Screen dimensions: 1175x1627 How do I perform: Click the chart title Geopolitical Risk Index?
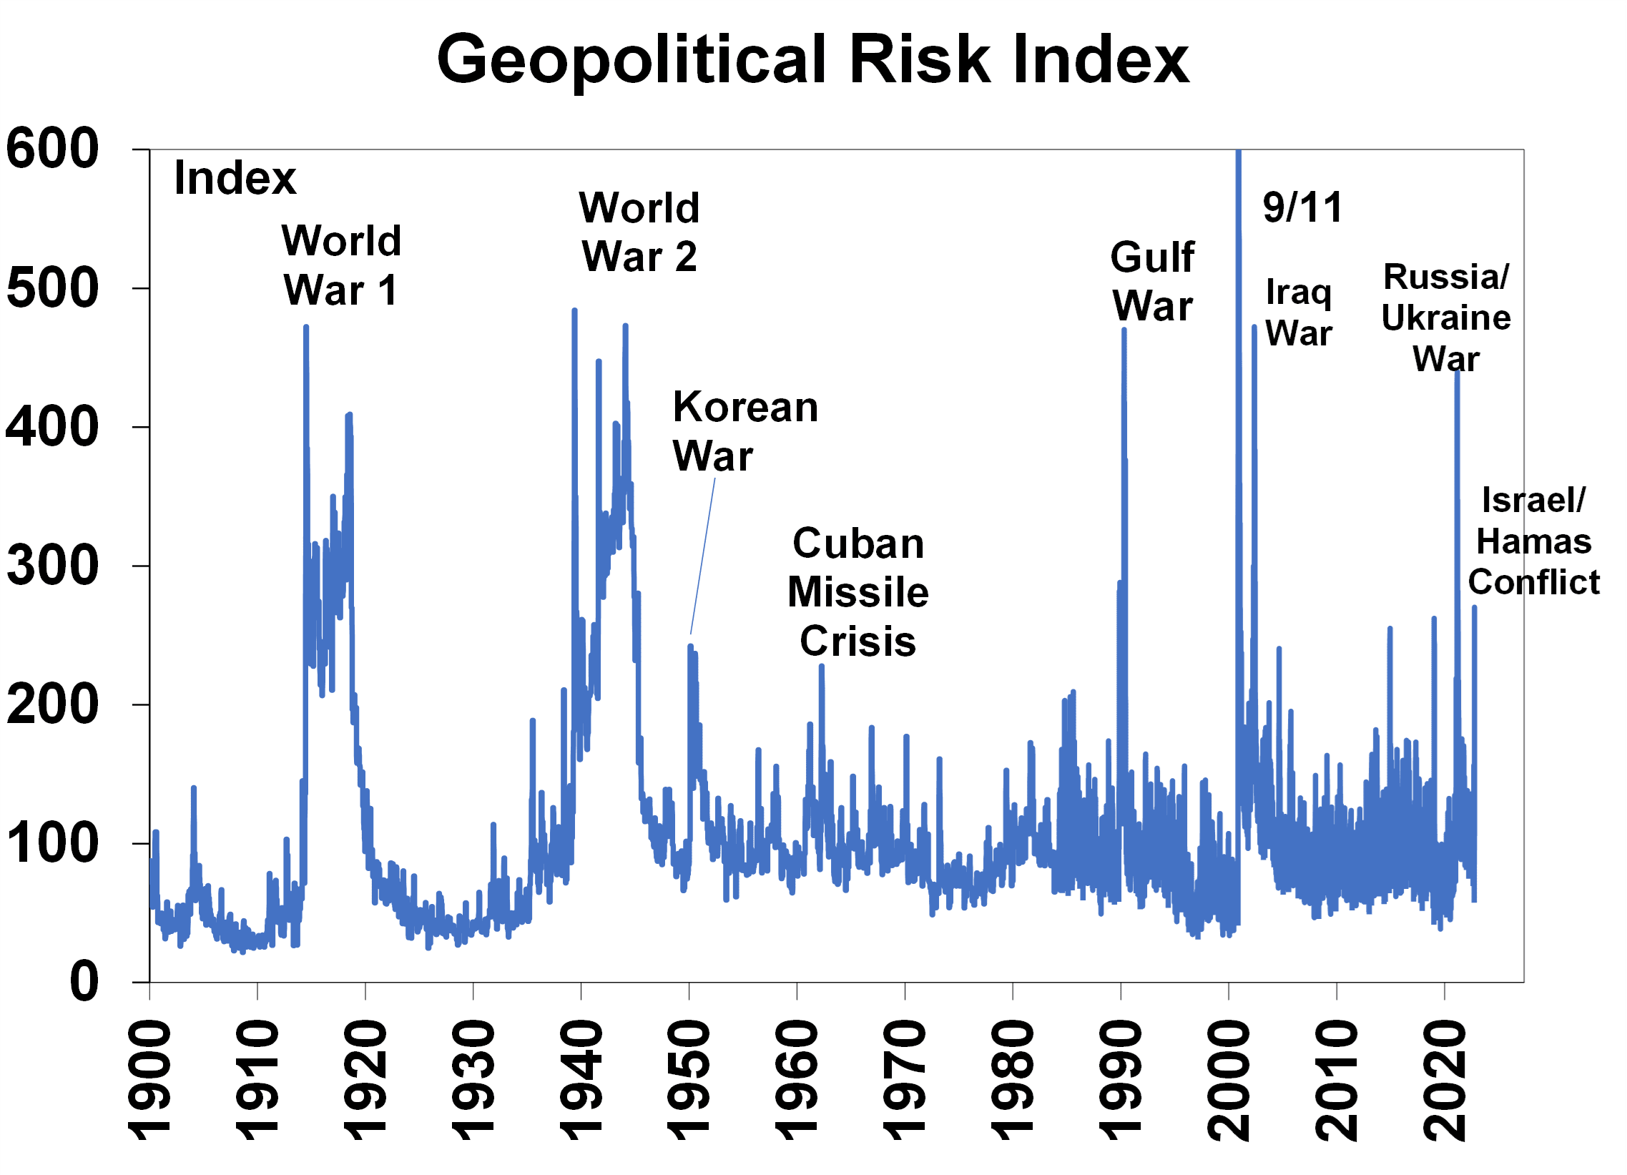[x=812, y=59]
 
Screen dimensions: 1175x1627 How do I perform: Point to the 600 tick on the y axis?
[x=51, y=149]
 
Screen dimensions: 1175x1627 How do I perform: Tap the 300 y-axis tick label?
[x=51, y=565]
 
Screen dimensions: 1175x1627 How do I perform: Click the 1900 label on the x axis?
[x=149, y=1080]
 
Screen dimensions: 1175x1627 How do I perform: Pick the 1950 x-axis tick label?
[x=689, y=1080]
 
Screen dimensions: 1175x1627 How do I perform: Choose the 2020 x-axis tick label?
[x=1444, y=1080]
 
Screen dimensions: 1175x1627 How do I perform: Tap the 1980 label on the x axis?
[x=1012, y=1080]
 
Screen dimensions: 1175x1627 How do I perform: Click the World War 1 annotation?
[x=340, y=265]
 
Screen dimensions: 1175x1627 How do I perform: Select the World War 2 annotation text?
[x=639, y=232]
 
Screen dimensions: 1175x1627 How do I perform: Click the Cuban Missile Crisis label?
[x=858, y=592]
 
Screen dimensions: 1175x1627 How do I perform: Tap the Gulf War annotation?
[x=1152, y=281]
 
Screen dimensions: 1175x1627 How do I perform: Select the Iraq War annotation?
[x=1299, y=312]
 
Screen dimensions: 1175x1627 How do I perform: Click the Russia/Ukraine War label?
[x=1446, y=317]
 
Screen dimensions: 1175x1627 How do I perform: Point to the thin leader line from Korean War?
[x=703, y=556]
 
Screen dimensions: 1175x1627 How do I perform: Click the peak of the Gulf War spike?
[x=1124, y=330]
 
